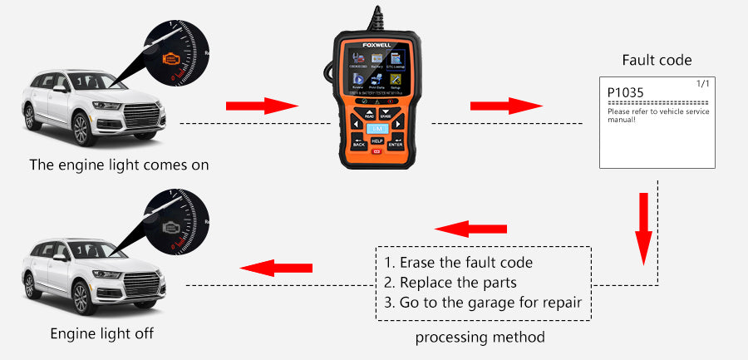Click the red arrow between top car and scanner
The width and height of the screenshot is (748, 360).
(261, 106)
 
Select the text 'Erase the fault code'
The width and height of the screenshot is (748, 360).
(465, 263)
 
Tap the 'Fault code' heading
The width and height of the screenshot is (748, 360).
(657, 61)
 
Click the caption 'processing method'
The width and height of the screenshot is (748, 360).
(480, 337)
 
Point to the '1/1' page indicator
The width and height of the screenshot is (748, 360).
(702, 85)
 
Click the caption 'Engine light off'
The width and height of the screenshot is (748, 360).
(102, 333)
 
